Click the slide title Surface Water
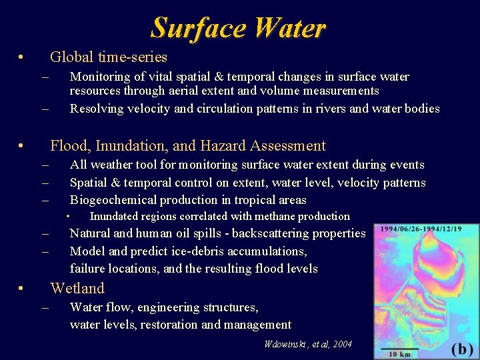click(x=238, y=28)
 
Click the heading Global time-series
click(x=108, y=57)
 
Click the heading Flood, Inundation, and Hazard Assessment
click(x=188, y=145)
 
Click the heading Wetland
click(x=77, y=288)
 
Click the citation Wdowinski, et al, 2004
click(x=307, y=344)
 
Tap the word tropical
click(x=257, y=199)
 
